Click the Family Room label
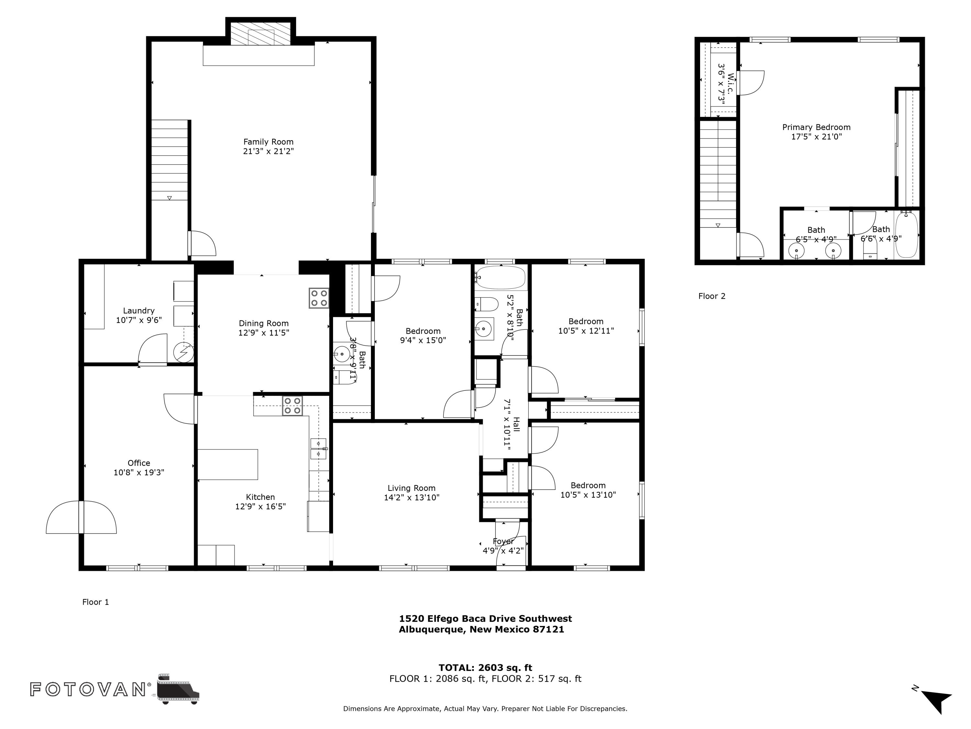click(x=268, y=142)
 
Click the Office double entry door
click(x=81, y=517)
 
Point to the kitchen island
click(x=228, y=464)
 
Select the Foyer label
click(x=503, y=541)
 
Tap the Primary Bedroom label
click(x=816, y=127)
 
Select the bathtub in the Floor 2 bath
click(x=906, y=235)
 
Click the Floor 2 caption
click(x=711, y=296)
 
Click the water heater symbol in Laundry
click(x=184, y=352)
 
